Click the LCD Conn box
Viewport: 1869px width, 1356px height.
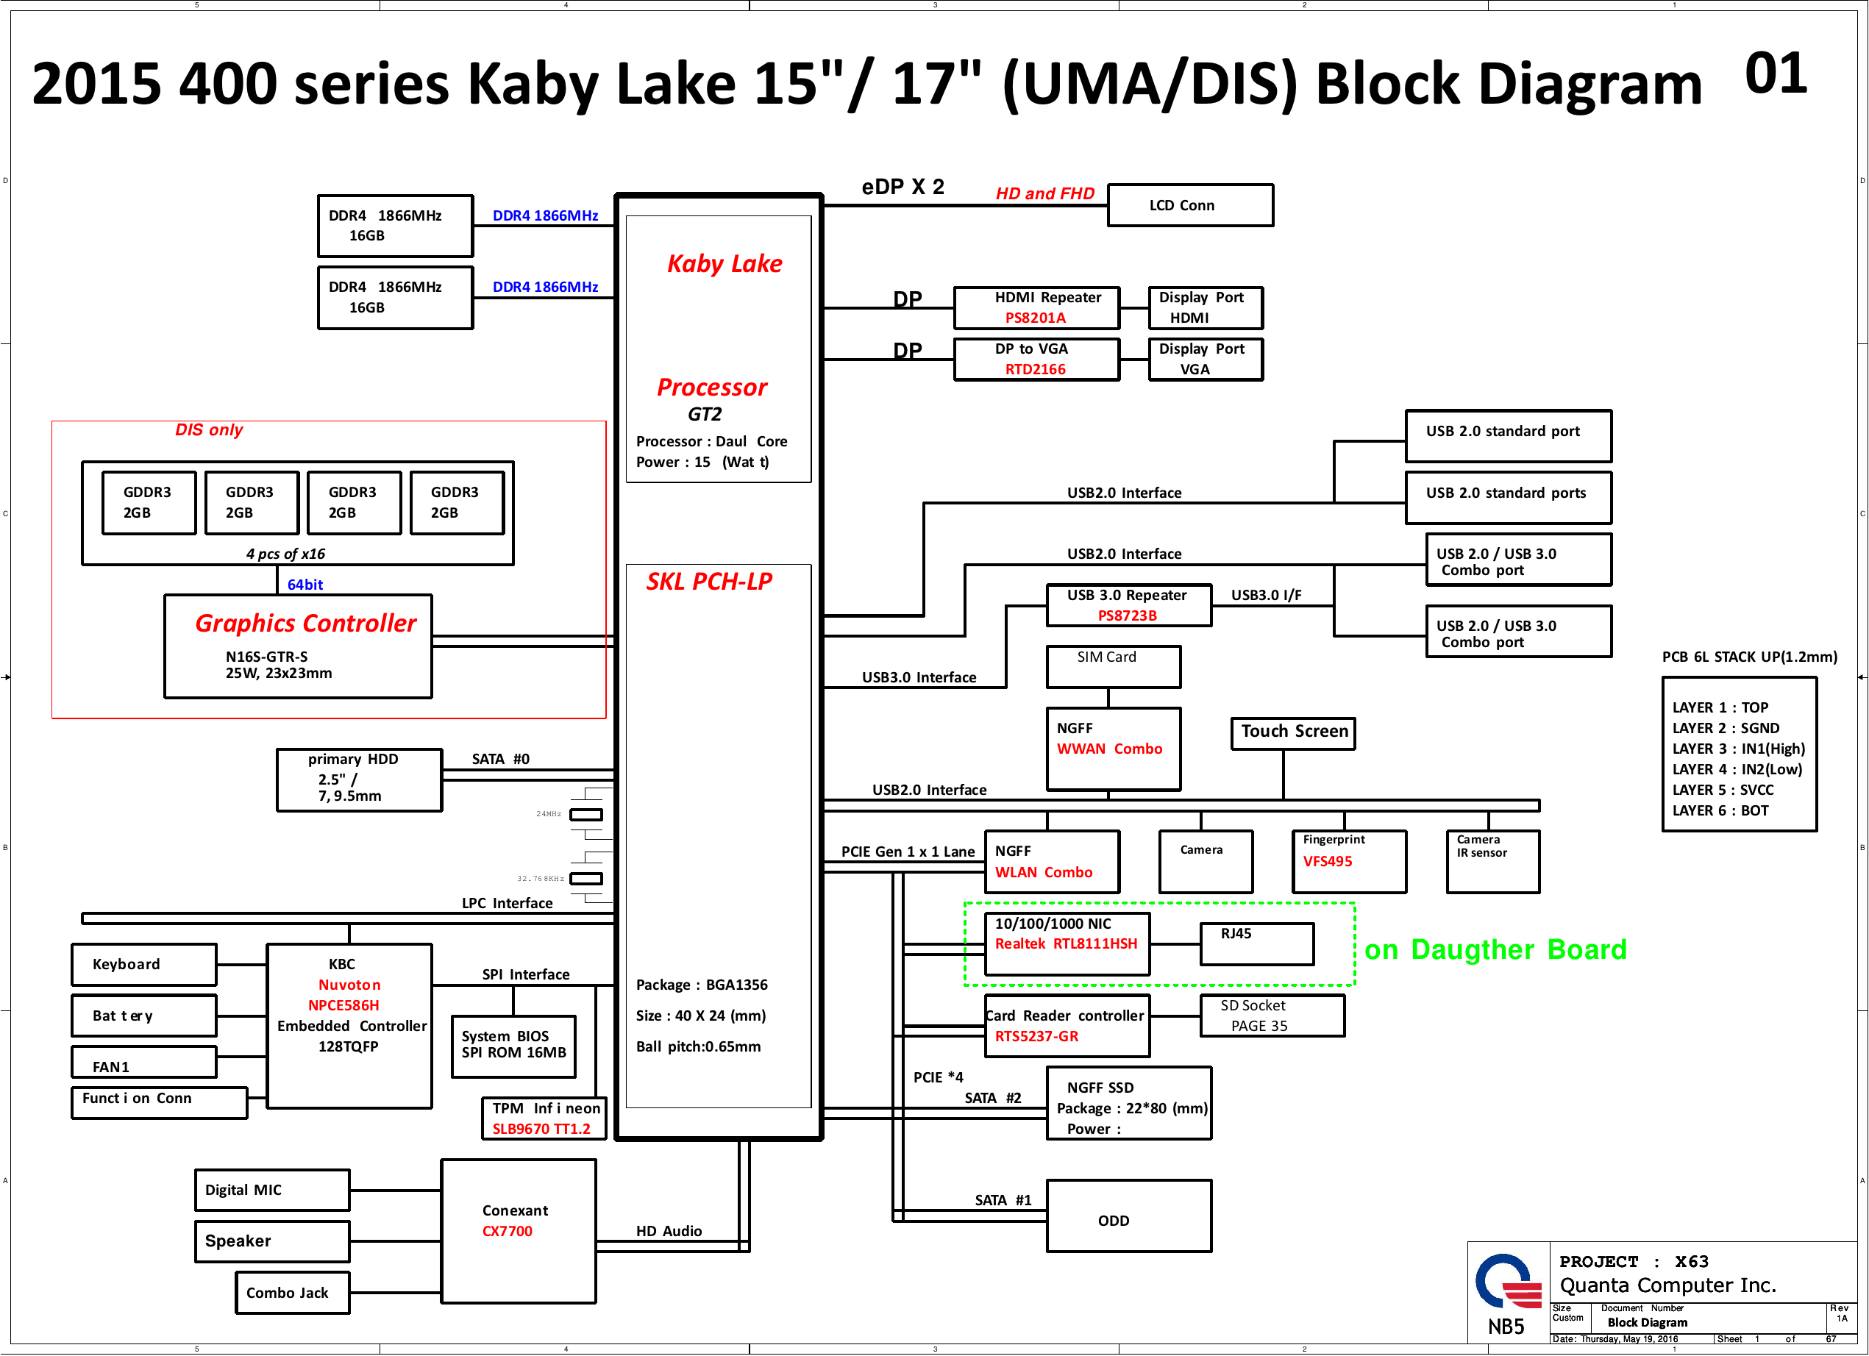1190,205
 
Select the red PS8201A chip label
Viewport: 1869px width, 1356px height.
1035,318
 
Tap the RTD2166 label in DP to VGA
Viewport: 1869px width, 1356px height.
1035,369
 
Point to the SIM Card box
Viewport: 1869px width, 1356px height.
1114,666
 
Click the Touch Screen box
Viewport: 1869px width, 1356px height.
1293,732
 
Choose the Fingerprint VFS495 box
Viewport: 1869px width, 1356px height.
1349,861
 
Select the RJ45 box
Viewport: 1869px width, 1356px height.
1257,943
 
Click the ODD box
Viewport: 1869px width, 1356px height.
1129,1216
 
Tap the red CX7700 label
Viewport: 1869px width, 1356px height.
508,1231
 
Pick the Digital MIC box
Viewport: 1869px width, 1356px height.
272,1190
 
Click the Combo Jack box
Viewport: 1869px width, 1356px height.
293,1293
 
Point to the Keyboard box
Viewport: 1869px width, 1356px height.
144,965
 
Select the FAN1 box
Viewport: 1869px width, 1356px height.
144,1062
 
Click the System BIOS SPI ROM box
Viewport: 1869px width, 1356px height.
513,1046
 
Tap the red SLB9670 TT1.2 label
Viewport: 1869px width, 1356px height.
541,1129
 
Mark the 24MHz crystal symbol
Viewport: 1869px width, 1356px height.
586,815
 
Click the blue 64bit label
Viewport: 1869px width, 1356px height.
305,584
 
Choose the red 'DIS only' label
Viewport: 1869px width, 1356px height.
210,430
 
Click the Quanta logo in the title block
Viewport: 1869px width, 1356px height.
1507,1281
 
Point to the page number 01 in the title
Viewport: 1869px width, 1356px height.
1776,74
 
